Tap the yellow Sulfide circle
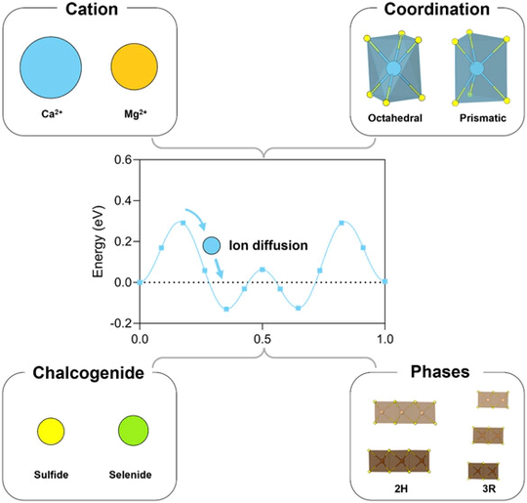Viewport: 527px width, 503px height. tap(51, 430)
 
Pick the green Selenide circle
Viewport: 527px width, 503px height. tap(132, 430)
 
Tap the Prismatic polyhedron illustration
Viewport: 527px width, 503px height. tap(476, 70)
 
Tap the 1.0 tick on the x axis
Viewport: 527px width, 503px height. tap(385, 337)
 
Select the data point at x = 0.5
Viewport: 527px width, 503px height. tap(263, 269)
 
